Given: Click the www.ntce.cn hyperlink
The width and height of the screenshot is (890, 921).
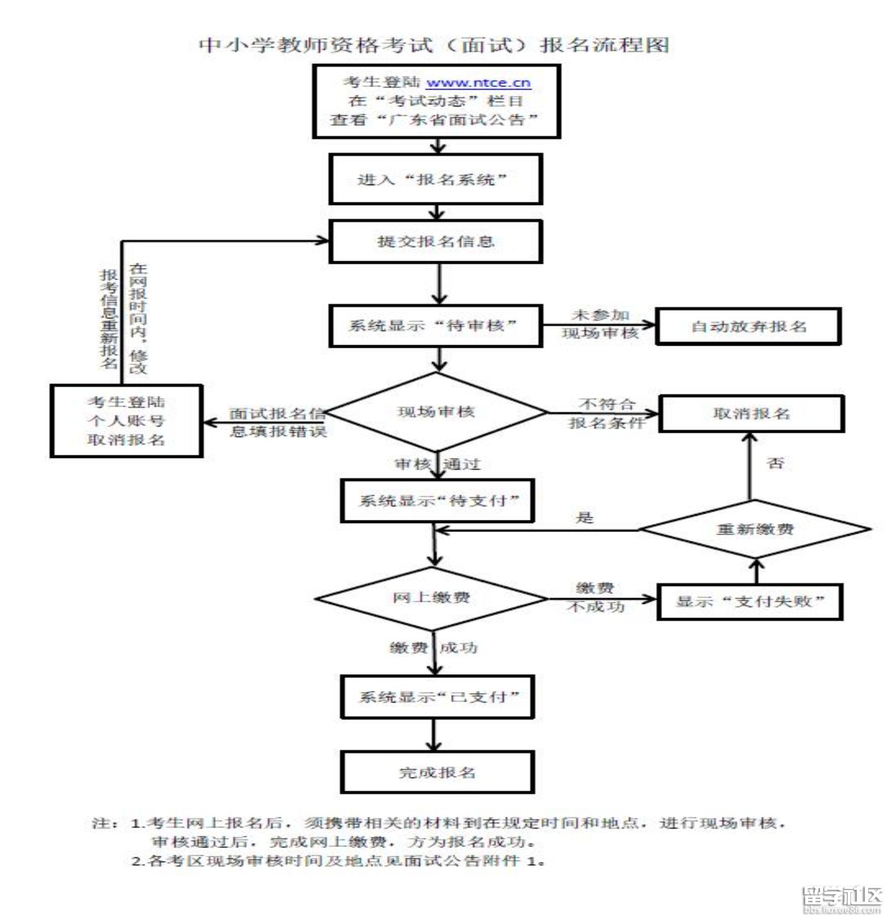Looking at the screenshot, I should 478,83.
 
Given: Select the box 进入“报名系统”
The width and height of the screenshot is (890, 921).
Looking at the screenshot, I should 435,179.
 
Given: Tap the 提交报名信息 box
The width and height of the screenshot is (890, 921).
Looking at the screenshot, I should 435,241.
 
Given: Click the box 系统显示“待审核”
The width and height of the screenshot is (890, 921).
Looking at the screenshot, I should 435,326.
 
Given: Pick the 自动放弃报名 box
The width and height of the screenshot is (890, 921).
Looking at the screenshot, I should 748,326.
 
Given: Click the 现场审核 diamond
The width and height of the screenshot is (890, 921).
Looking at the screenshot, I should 436,412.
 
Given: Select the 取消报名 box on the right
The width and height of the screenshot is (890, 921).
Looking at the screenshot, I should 751,414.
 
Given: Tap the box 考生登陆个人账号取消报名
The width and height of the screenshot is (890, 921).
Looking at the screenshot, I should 126,421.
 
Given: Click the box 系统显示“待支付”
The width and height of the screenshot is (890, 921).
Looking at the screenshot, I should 437,501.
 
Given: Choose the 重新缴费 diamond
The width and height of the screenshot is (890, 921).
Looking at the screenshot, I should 755,529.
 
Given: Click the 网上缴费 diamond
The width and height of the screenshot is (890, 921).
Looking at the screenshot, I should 432,598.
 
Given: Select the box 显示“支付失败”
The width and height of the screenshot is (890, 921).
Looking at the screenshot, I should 750,601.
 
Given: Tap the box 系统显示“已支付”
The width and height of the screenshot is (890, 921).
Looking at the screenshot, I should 437,697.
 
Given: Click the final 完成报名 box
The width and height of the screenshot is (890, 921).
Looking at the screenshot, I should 437,773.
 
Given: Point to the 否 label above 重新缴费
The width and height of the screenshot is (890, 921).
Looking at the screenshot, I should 775,463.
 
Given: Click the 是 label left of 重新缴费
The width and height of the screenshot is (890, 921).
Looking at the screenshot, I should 584,518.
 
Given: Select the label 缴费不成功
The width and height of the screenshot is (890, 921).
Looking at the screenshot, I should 595,598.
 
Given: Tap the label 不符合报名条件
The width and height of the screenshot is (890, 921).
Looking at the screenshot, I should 606,413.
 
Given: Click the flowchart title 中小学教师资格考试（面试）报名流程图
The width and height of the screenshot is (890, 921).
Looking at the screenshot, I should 434,45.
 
